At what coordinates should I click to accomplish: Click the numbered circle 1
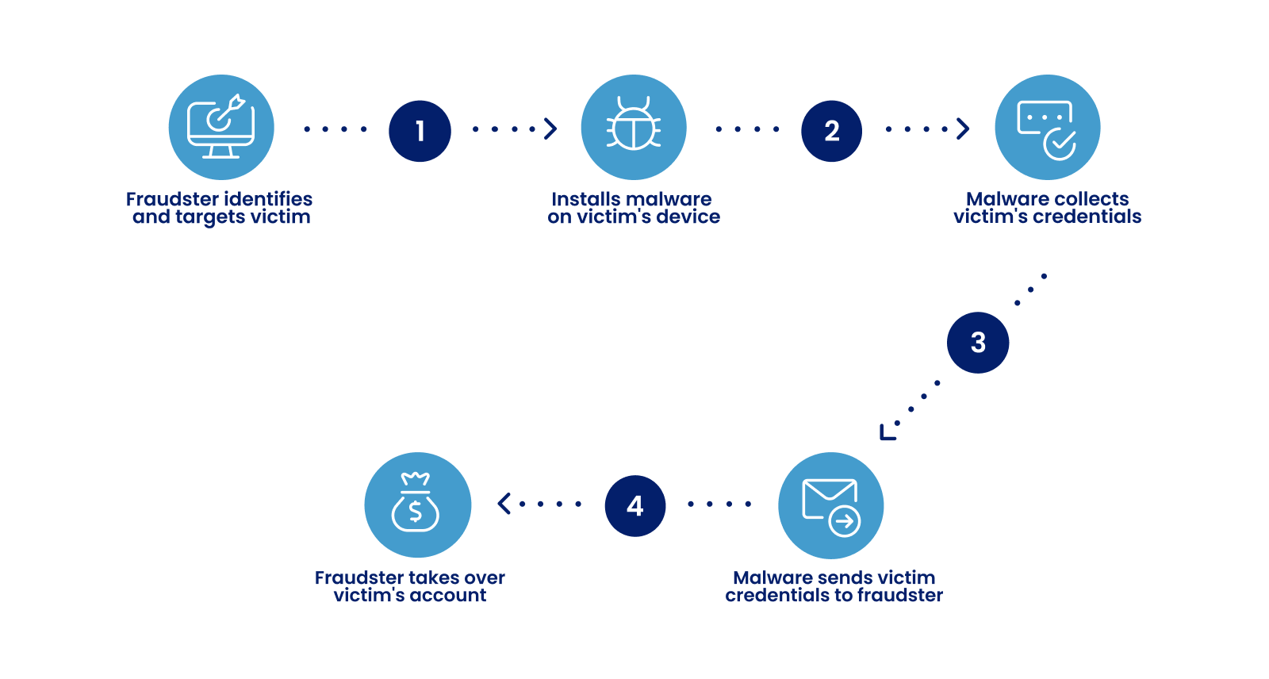pos(420,131)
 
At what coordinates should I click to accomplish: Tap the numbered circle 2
pos(831,131)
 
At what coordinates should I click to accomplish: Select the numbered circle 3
pos(978,343)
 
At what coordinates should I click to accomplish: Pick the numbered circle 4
pos(634,506)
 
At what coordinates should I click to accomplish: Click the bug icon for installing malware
pos(634,127)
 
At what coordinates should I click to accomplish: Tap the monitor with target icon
pos(221,127)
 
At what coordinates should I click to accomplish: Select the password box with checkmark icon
pos(1047,127)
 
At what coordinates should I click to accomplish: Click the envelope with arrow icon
pos(830,505)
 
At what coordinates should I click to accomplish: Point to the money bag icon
pos(417,505)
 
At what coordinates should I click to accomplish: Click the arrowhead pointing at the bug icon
pos(550,129)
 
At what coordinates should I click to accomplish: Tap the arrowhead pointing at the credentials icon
pos(964,129)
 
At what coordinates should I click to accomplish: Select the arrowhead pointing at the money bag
pos(504,504)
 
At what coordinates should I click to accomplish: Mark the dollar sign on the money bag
pos(415,512)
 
